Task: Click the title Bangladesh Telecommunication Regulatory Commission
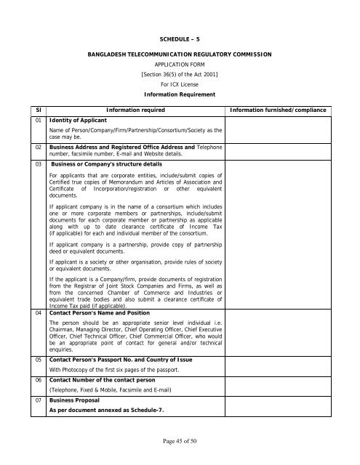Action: pyautogui.click(x=179, y=54)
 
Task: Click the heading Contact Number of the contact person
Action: pyautogui.click(x=100, y=379)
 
